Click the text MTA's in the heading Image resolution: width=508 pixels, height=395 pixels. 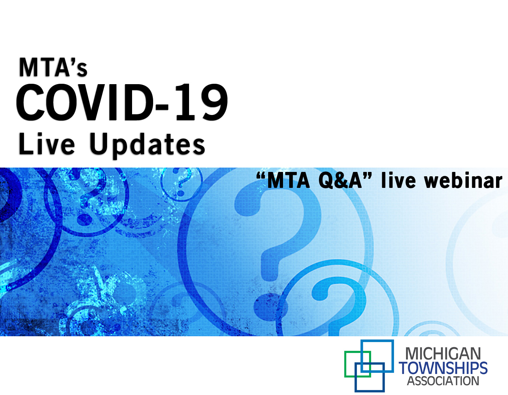[53, 67]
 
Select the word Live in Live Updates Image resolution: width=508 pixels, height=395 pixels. [46, 143]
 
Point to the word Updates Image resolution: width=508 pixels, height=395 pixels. [147, 145]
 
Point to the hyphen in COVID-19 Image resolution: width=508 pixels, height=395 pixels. [162, 107]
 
